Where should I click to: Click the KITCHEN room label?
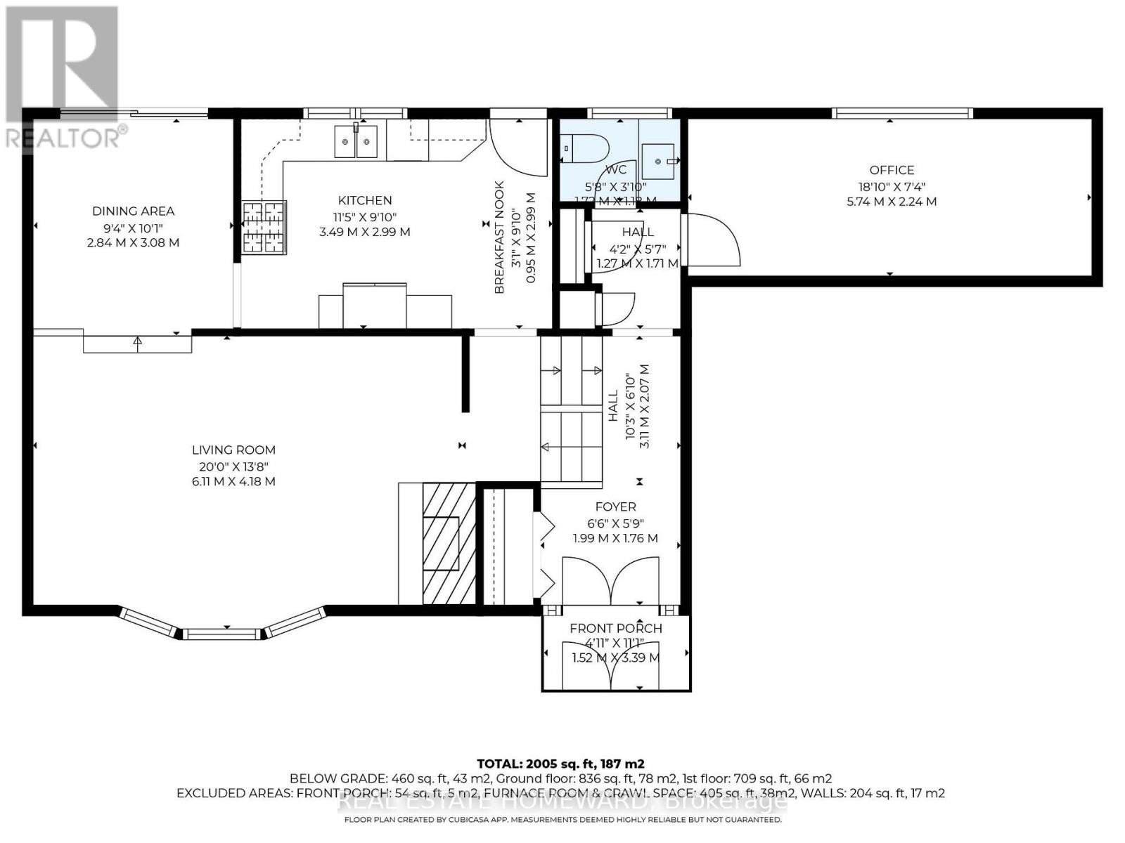coord(365,200)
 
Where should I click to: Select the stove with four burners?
coord(264,227)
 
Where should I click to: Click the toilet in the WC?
coord(584,148)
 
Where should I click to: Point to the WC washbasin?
coord(660,161)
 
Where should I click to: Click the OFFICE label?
coord(892,170)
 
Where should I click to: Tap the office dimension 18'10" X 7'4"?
coord(892,186)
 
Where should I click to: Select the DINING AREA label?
coord(133,211)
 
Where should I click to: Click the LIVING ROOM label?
coord(233,450)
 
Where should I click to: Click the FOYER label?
coord(615,507)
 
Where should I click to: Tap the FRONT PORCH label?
coord(615,628)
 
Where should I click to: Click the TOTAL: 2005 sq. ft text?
coord(560,764)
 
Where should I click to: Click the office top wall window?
coord(902,113)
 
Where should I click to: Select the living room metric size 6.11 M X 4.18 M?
coord(233,481)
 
